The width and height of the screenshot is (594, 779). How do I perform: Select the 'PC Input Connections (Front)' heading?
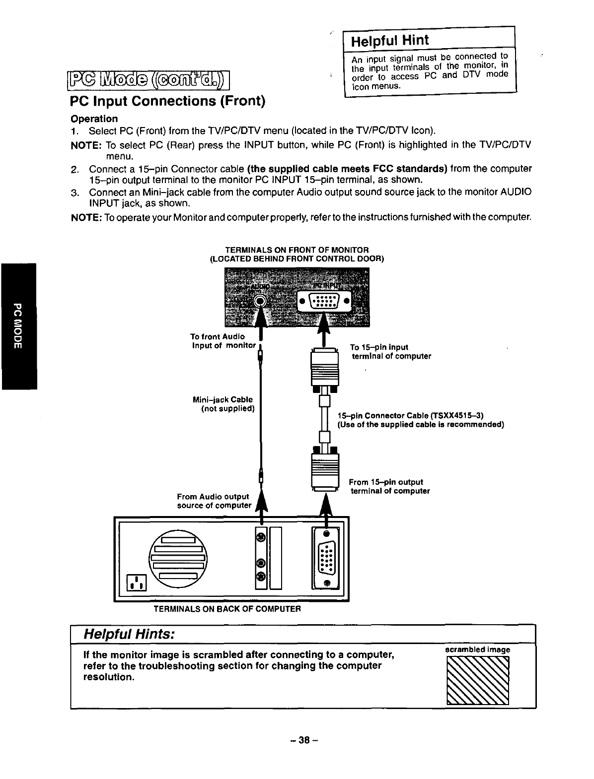tap(167, 101)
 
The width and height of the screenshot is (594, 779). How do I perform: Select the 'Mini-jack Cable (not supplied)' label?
tap(224, 404)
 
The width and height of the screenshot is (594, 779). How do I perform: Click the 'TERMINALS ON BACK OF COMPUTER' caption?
tap(227, 608)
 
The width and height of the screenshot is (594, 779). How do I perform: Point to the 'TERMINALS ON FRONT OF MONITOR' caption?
tap(297, 250)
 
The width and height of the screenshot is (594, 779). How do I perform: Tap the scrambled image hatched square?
tap(478, 680)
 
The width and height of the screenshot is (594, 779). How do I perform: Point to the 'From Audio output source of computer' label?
tap(214, 501)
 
